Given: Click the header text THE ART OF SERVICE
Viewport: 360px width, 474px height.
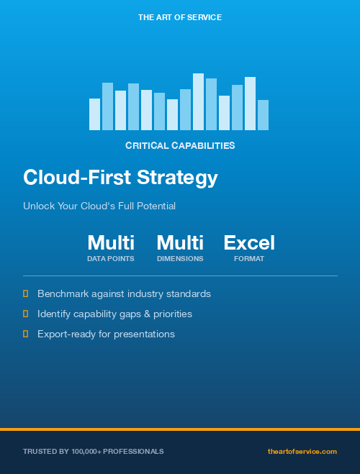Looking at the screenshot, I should [x=180, y=17].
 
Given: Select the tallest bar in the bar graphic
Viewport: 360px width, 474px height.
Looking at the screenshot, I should [x=198, y=101].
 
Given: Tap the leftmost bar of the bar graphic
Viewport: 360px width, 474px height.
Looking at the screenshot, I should [x=94, y=114].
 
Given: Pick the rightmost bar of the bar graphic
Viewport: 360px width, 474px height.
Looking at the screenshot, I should [x=263, y=115].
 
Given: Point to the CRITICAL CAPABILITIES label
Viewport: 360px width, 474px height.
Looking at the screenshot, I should [x=180, y=145].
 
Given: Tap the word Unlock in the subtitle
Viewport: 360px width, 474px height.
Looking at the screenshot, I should [x=38, y=206].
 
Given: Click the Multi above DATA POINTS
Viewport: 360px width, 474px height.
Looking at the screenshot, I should [x=111, y=242].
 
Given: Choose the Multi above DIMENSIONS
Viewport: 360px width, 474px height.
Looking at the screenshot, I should [x=180, y=242].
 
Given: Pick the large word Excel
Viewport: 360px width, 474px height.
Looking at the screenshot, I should [x=249, y=242].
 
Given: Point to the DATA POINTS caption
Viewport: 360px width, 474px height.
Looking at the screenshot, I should [x=111, y=258].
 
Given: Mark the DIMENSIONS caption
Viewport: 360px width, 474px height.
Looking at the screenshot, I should [x=180, y=258].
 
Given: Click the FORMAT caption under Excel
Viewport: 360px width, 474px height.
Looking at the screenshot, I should [x=249, y=258].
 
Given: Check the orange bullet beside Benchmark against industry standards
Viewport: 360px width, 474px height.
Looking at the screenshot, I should [x=25, y=293].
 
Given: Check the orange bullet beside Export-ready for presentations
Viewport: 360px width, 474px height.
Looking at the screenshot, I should [x=25, y=334].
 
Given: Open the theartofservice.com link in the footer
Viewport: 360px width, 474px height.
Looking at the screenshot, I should [x=302, y=451].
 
